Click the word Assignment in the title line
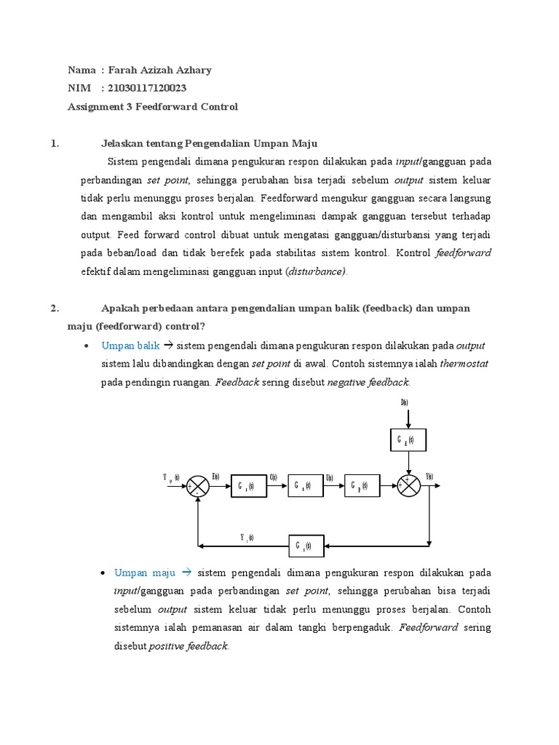pyautogui.click(x=94, y=107)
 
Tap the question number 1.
pyautogui.click(x=55, y=143)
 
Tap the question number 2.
pyautogui.click(x=55, y=308)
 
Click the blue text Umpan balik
pyautogui.click(x=130, y=346)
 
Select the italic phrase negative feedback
pyautogui.click(x=369, y=382)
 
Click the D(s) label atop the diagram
pyautogui.click(x=405, y=402)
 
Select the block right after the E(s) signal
pyautogui.click(x=248, y=487)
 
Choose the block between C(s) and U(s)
pyautogui.click(x=304, y=487)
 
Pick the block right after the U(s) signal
pyautogui.click(x=360, y=487)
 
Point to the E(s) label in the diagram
pyautogui.click(x=216, y=477)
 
